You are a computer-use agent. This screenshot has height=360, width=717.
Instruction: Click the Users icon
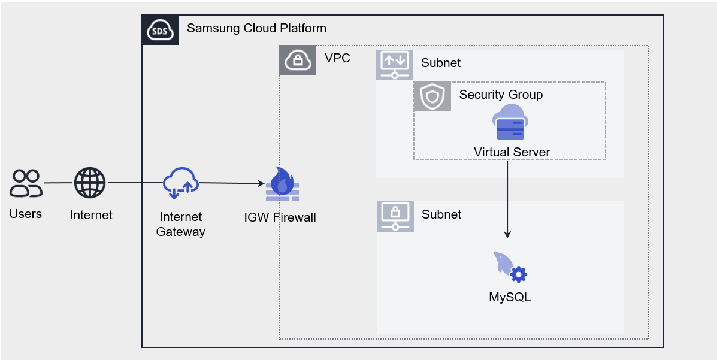tap(26, 183)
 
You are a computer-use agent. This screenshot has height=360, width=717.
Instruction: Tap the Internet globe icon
tap(90, 183)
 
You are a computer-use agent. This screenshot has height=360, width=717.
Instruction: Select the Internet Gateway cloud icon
tap(180, 183)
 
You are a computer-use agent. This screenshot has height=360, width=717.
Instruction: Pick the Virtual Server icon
tap(509, 122)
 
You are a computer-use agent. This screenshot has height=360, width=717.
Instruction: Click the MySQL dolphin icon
tap(510, 267)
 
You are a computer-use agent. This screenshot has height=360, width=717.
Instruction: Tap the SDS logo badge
tap(160, 30)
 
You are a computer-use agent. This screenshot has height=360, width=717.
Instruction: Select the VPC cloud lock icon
tap(298, 60)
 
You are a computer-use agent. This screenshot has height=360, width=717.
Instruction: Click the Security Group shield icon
tap(432, 96)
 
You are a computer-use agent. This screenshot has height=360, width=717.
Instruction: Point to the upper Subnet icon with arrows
tap(395, 65)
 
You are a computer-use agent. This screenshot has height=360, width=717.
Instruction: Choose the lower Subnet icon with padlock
tap(395, 216)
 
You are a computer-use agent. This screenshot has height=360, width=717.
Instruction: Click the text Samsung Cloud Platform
tap(256, 28)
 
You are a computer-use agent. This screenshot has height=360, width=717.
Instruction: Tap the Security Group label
tap(501, 95)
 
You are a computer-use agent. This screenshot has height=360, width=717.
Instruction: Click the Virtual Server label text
tap(512, 152)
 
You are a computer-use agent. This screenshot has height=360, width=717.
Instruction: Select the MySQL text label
tap(510, 297)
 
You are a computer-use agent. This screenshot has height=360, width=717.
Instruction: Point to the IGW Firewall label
tap(280, 217)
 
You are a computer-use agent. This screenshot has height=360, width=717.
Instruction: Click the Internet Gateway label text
tap(180, 224)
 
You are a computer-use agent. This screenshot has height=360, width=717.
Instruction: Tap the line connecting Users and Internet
tap(58, 183)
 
